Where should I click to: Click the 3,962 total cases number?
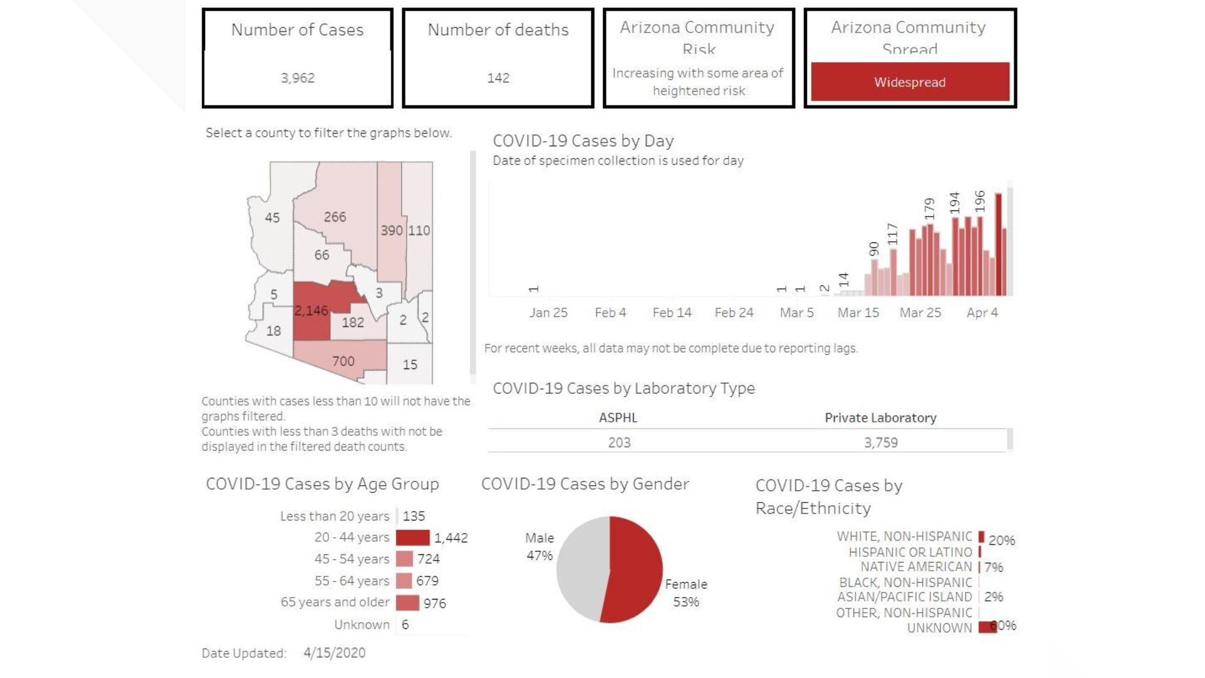297,78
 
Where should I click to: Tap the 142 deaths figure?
498,78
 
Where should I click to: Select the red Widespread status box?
909,82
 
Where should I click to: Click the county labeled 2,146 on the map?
311,311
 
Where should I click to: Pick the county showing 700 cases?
343,361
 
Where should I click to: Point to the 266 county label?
335,217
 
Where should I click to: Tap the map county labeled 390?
391,230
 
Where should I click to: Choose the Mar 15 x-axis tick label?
858,313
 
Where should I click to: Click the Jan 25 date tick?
548,313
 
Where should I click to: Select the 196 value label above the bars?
980,201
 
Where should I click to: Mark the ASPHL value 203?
619,443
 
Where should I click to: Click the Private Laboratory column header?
880,417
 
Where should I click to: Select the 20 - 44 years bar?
412,538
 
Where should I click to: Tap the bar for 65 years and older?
407,603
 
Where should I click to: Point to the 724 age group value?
428,559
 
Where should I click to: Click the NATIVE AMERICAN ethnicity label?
916,567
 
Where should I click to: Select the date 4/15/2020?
334,653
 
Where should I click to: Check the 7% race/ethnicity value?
993,568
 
